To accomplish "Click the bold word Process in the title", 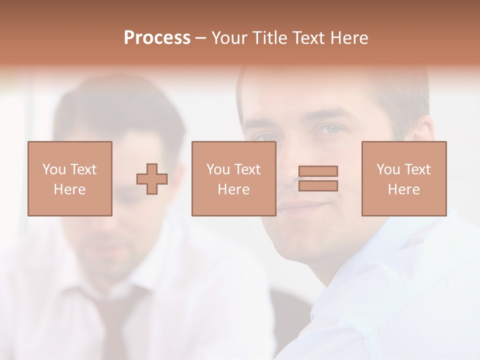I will (x=157, y=38).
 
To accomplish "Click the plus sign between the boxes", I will (x=152, y=179).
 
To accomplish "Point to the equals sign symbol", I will (x=318, y=178).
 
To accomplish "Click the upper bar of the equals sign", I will (x=318, y=171).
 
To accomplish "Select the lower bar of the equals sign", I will (x=318, y=185).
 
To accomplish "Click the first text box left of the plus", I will (x=69, y=178).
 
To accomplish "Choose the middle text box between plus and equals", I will (x=233, y=178).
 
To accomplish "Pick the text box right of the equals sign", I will (x=403, y=178).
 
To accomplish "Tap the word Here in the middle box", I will (x=233, y=189).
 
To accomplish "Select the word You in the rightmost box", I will (x=388, y=169).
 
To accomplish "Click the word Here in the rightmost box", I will (x=403, y=189).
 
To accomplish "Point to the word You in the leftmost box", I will (x=54, y=169).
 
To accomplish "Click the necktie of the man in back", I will (x=117, y=320).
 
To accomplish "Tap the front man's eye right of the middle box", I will (x=329, y=130).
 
